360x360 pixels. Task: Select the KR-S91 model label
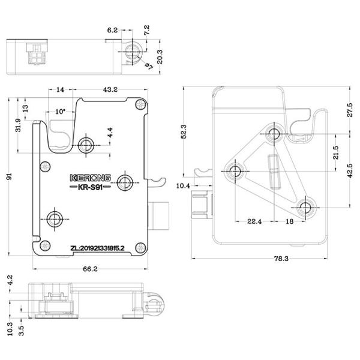pyautogui.click(x=88, y=189)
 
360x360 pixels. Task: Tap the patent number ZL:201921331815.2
pyautogui.click(x=98, y=247)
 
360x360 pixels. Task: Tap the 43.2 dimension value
pyautogui.click(x=110, y=89)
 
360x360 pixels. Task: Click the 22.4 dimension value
pyautogui.click(x=255, y=221)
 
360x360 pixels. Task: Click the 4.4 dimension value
pyautogui.click(x=109, y=132)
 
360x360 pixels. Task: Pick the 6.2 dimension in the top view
pyautogui.click(x=112, y=29)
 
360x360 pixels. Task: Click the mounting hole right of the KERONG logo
pyautogui.click(x=125, y=181)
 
